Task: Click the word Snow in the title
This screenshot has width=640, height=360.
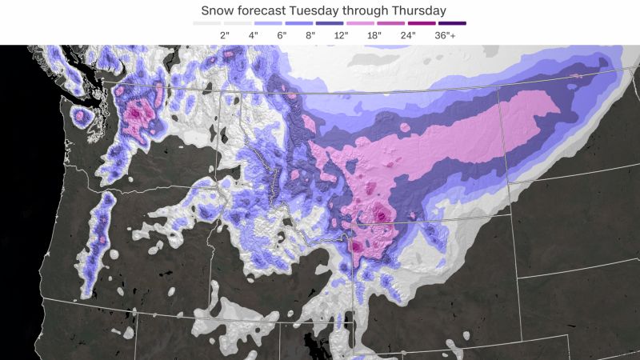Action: point(218,10)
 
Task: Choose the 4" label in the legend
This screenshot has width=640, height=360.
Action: point(254,34)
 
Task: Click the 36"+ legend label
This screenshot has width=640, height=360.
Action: point(438,34)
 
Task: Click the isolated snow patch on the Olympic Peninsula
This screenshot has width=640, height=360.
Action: point(81,117)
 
